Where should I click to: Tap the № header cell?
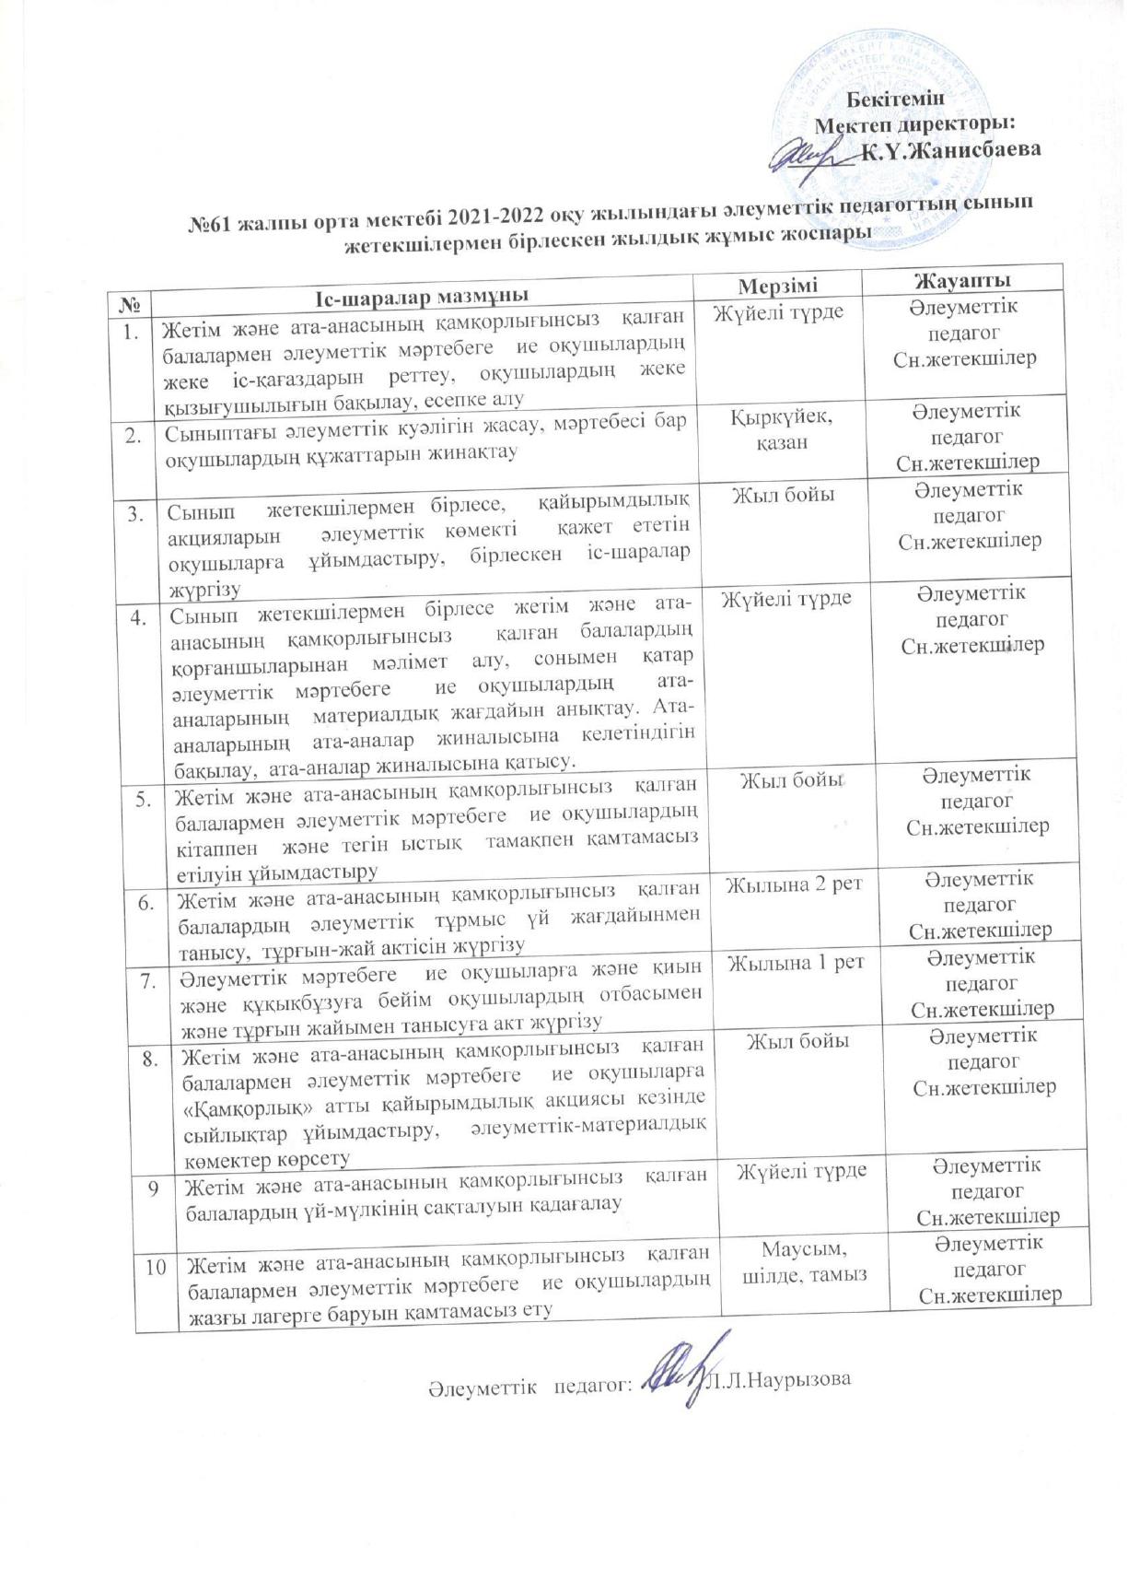coord(131,302)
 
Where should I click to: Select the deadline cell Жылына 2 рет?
coord(795,885)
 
